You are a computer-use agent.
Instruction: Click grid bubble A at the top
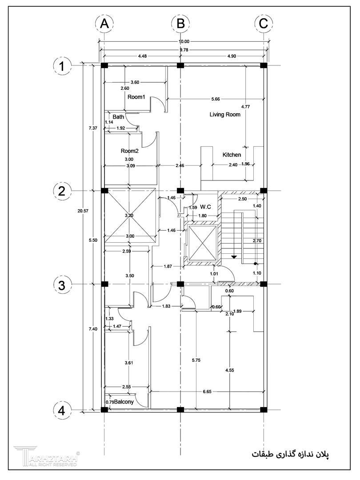coord(104,24)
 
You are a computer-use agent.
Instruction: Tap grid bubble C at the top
coord(263,24)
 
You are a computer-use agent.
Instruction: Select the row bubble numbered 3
coord(62,285)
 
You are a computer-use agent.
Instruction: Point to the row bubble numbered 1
coord(62,66)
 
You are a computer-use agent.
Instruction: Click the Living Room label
coord(225,115)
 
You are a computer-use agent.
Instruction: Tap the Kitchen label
coord(232,155)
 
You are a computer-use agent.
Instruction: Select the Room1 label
coord(136,97)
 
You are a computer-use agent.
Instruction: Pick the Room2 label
coord(129,151)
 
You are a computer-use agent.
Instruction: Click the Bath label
coord(119,116)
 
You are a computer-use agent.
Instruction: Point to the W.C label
coord(205,207)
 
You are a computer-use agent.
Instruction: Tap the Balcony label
coord(124,402)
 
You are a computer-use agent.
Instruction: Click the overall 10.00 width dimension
coord(184,42)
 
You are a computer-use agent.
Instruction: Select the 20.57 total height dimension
coord(83,211)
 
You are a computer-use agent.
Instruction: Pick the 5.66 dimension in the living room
coord(216,99)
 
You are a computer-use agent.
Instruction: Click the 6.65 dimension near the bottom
coord(207,392)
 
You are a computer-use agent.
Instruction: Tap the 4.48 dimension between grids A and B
coord(142,56)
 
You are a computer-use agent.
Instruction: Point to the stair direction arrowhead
coord(234,257)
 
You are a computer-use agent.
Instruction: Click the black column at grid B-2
coord(180,190)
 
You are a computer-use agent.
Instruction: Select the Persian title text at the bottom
coord(290,454)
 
